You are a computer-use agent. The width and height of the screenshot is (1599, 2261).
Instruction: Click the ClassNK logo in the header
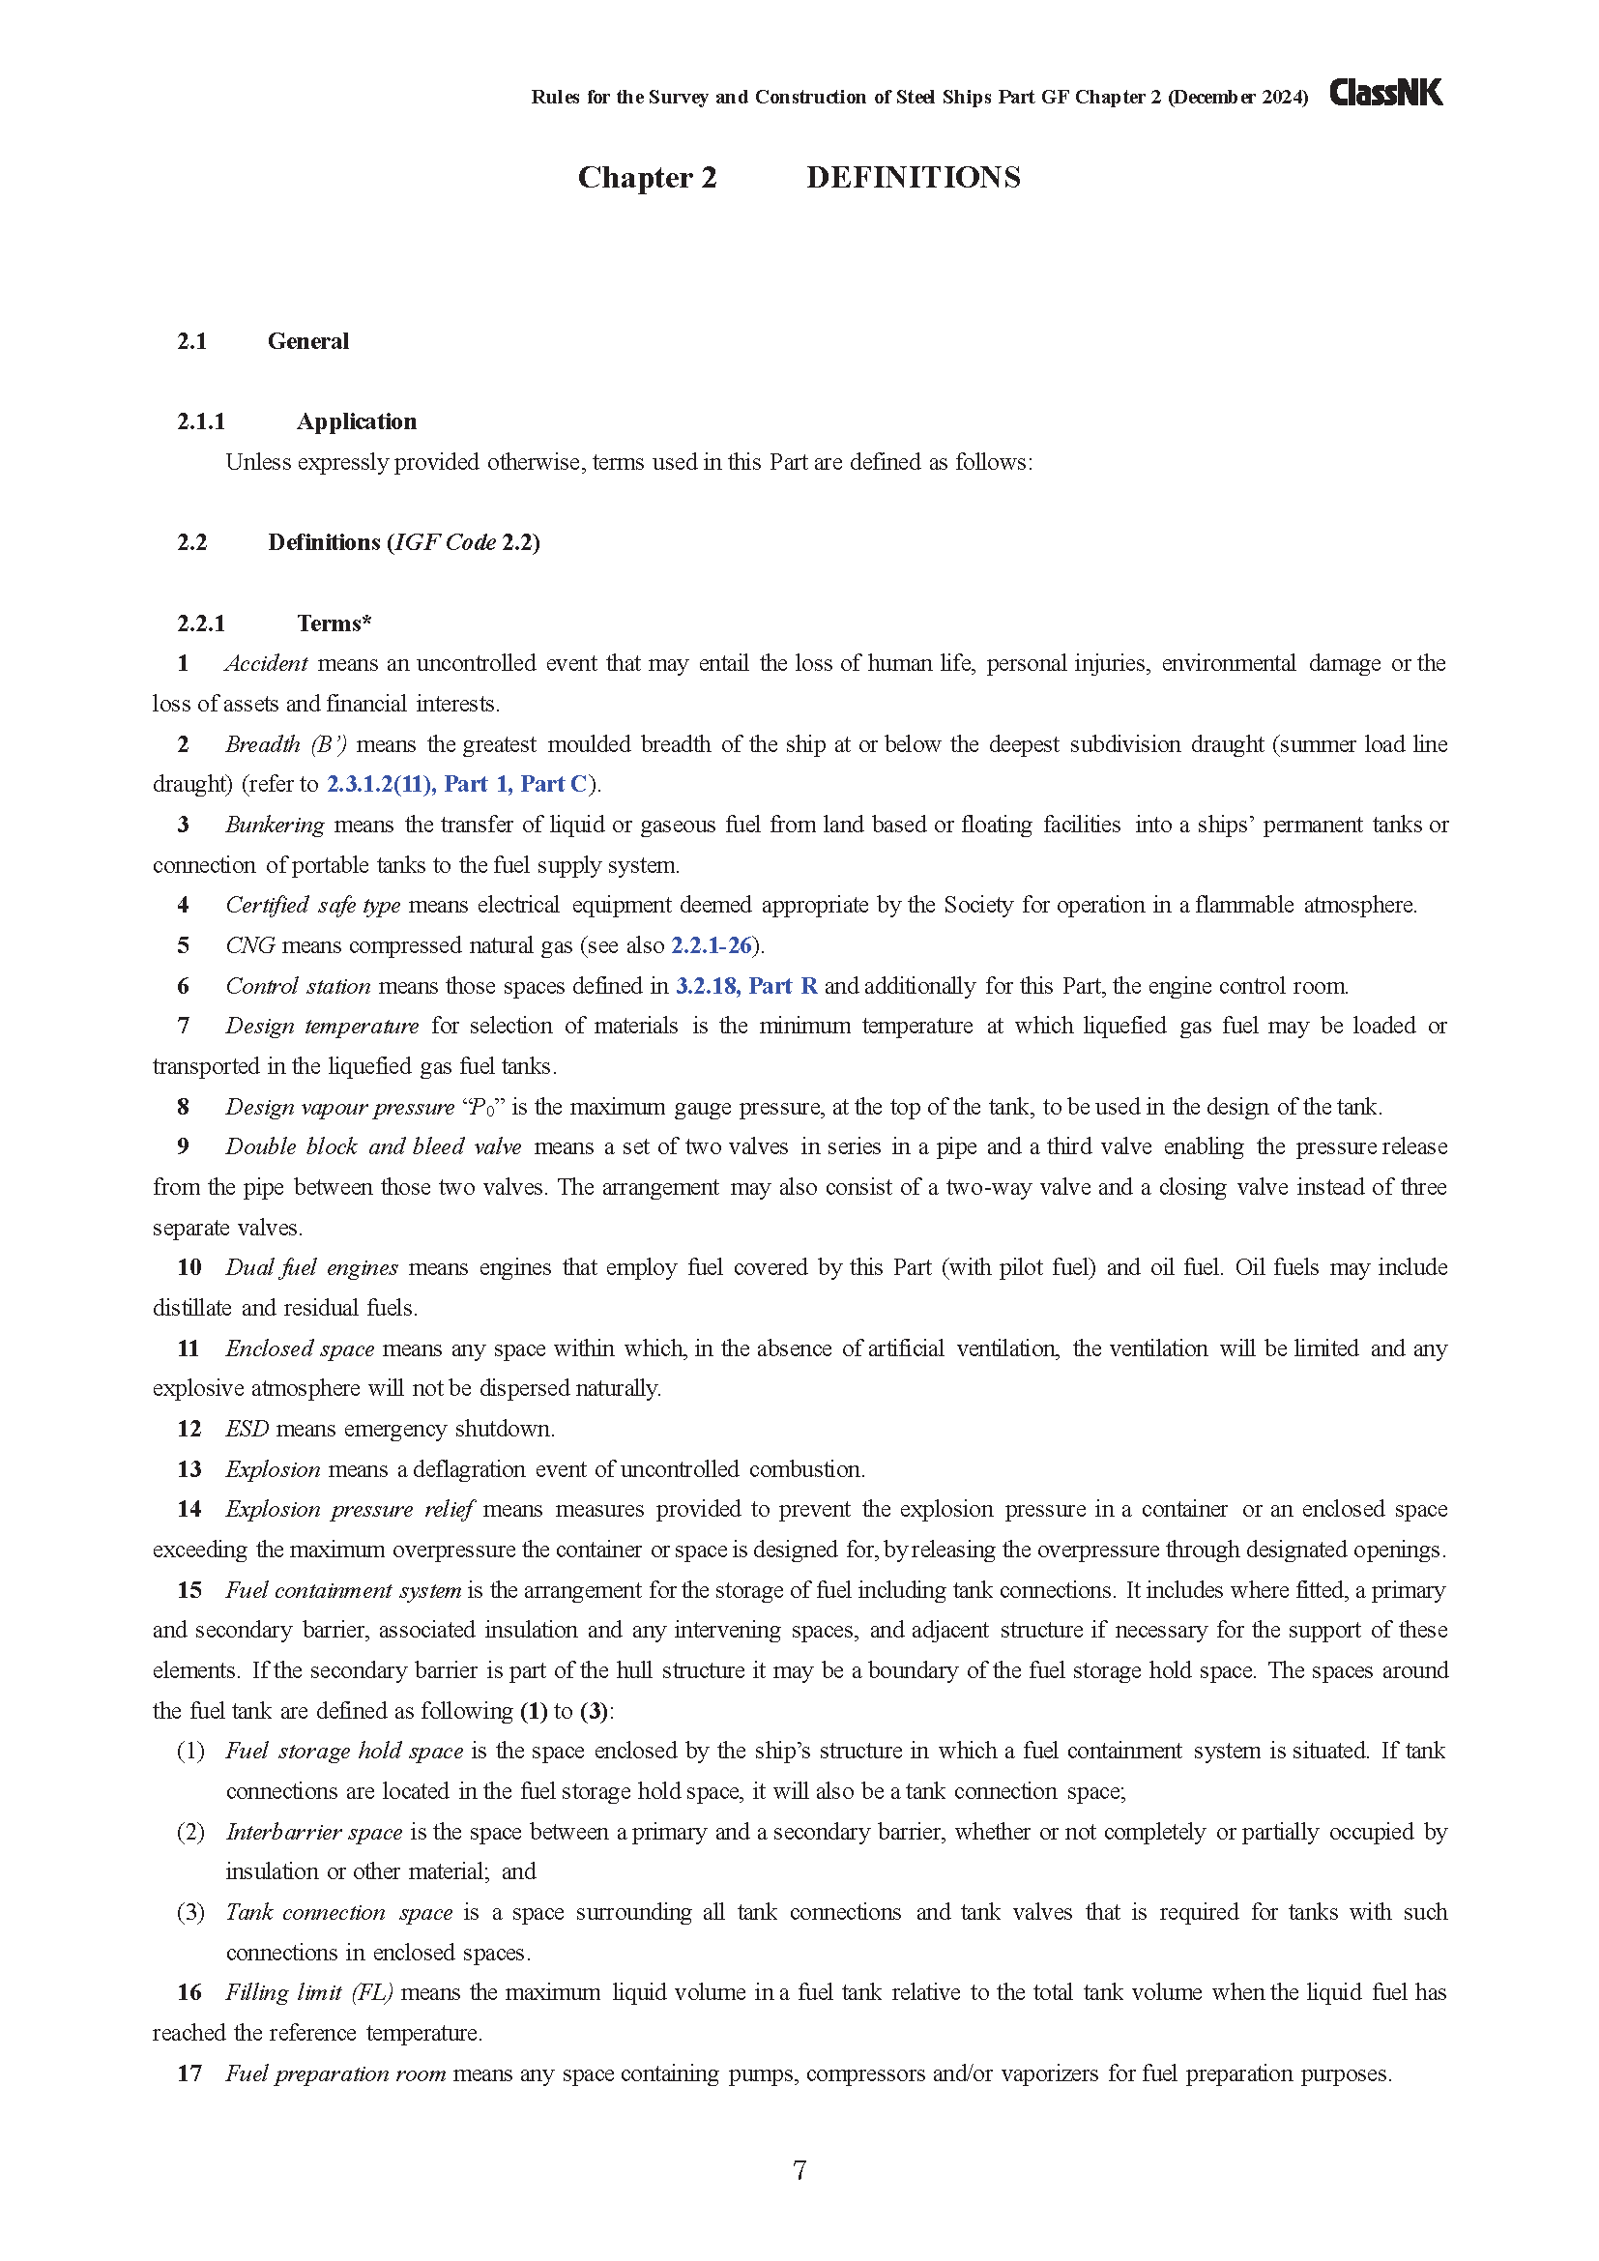(1385, 93)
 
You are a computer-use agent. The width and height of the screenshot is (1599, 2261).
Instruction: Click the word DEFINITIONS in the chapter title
(913, 177)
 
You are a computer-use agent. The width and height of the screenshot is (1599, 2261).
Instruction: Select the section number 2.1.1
(201, 421)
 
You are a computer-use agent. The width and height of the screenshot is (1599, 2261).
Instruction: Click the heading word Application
(357, 421)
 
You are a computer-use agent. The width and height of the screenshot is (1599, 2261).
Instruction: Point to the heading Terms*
(334, 623)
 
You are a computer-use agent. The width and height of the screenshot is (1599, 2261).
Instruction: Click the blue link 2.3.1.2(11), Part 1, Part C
(457, 784)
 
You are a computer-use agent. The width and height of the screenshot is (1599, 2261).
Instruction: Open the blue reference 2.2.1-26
(712, 945)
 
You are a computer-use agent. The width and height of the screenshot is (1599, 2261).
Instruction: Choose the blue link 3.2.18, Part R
(746, 986)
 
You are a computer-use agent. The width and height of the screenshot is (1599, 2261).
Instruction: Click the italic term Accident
(266, 664)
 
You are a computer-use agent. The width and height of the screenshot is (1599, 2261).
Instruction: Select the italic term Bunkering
(275, 825)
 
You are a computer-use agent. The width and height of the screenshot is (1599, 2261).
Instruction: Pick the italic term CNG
(250, 945)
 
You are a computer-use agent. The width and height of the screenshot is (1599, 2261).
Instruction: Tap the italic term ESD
(247, 1429)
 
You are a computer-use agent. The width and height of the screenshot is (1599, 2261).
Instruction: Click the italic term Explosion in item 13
(273, 1469)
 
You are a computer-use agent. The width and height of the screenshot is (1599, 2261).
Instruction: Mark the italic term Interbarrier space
(314, 1832)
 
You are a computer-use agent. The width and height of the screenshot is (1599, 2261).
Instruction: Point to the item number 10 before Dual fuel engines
(189, 1267)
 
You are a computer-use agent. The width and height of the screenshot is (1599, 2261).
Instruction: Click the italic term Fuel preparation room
(335, 2073)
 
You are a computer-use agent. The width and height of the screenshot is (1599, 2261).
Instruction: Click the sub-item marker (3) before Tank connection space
(190, 1912)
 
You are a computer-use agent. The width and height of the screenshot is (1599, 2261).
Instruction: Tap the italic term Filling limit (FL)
(309, 1992)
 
